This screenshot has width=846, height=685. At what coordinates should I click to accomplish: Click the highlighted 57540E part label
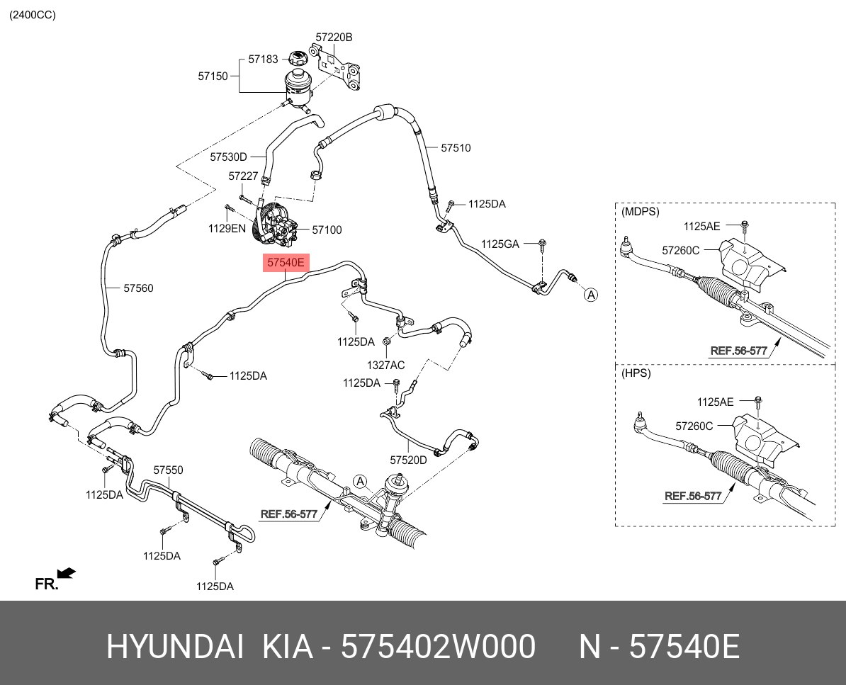coord(286,264)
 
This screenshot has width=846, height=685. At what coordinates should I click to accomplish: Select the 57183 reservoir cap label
coord(263,60)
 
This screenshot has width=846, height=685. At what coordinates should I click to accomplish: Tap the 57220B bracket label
coord(334,36)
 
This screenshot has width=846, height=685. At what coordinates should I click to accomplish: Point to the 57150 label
coord(213,76)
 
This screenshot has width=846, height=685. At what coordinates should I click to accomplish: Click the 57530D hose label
coord(228,157)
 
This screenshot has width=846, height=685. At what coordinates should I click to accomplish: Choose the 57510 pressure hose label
coord(456,148)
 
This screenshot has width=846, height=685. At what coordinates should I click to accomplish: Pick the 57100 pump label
coord(327,230)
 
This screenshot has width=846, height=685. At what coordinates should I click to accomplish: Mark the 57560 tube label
coord(138,288)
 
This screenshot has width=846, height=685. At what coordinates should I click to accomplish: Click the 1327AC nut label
coord(385,365)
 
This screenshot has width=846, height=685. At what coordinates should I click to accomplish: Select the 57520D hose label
coord(409,460)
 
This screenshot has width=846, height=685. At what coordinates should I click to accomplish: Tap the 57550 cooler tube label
coord(169,470)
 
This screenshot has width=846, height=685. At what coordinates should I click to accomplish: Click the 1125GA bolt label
coord(500,244)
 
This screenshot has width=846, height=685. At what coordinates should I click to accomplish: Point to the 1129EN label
coord(227,229)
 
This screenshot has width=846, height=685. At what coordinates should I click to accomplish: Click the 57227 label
coord(243,176)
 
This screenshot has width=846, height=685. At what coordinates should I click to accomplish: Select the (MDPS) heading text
coord(640,211)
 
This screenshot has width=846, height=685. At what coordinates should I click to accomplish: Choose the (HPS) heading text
coord(636,373)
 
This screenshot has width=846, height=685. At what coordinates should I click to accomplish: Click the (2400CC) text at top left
coord(32,15)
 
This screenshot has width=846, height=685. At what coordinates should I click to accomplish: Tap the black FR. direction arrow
coord(67,573)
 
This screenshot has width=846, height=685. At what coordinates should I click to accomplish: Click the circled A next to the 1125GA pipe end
coord(590,294)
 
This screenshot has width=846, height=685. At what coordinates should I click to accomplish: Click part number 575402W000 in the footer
coord(438,647)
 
